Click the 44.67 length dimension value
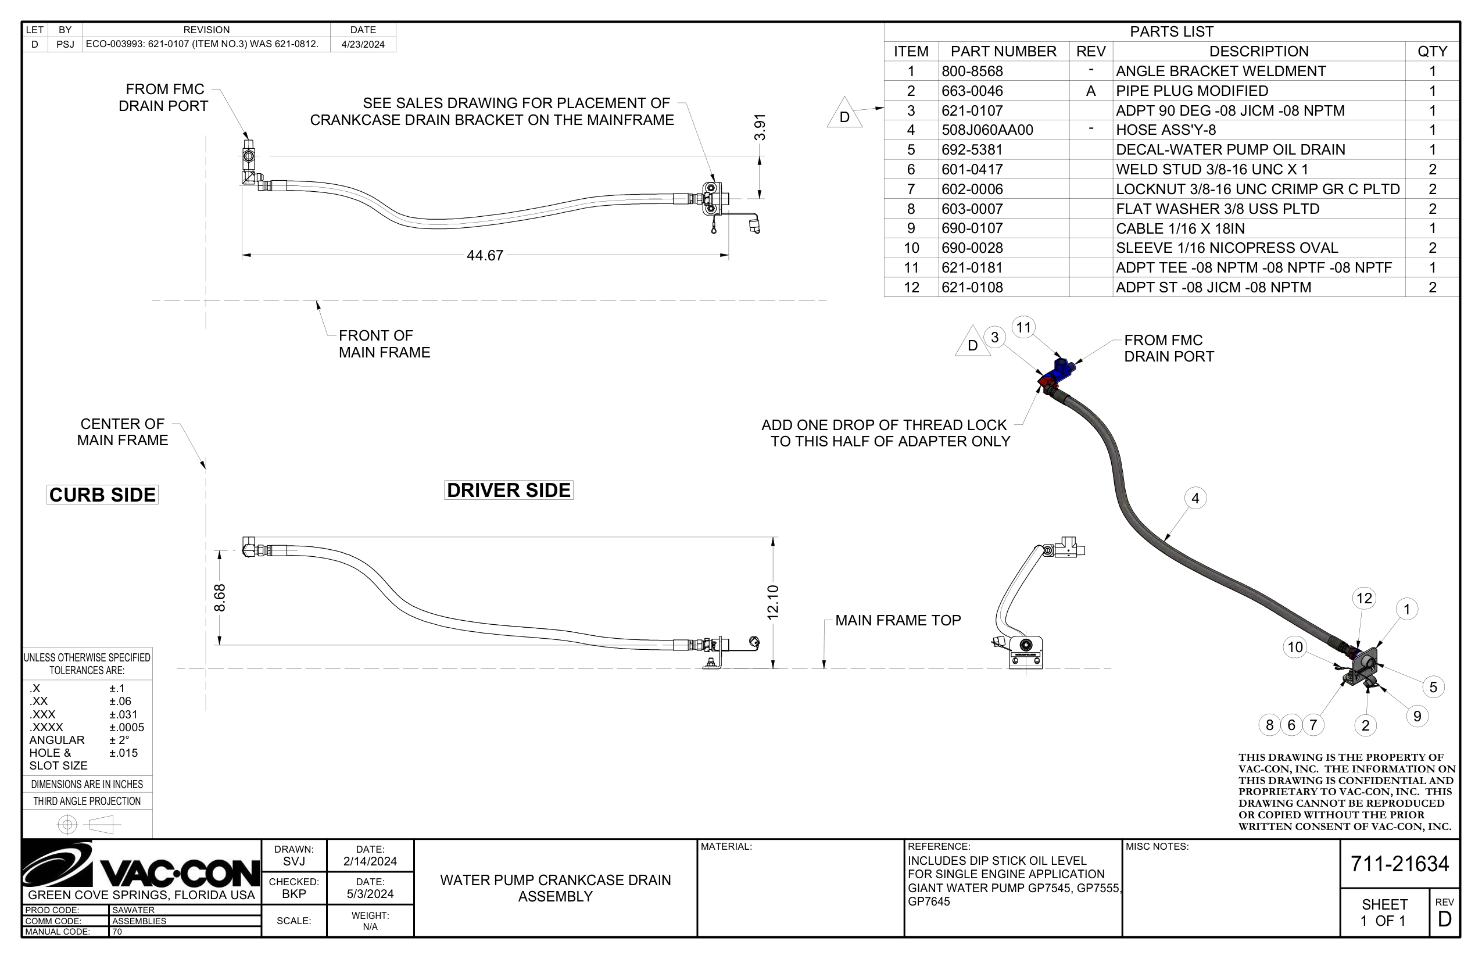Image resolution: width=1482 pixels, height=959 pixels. pyautogui.click(x=485, y=255)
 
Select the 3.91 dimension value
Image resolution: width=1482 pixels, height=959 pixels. pyautogui.click(x=760, y=127)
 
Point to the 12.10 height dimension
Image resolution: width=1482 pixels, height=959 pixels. pyautogui.click(x=773, y=602)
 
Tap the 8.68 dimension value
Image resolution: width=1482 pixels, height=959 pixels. pyautogui.click(x=220, y=598)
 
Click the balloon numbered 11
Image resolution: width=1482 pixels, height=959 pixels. pyautogui.click(x=1023, y=328)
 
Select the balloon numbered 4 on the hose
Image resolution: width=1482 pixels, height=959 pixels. pyautogui.click(x=1195, y=498)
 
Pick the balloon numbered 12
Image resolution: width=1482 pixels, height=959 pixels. pyautogui.click(x=1365, y=599)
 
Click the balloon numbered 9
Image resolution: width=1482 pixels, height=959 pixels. pyautogui.click(x=1417, y=716)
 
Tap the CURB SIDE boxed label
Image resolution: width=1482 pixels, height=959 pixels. pyautogui.click(x=103, y=495)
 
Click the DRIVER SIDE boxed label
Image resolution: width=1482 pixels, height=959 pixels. pyautogui.click(x=509, y=490)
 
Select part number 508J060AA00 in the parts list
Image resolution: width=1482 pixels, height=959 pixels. pyautogui.click(x=987, y=130)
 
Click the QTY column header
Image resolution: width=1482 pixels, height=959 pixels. pyautogui.click(x=1432, y=51)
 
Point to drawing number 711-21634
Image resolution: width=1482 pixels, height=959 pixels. pyautogui.click(x=1400, y=864)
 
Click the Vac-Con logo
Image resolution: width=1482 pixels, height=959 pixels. pyautogui.click(x=141, y=864)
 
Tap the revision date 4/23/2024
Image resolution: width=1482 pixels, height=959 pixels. pyautogui.click(x=363, y=44)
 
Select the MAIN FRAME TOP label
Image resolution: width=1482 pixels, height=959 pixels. pyautogui.click(x=898, y=620)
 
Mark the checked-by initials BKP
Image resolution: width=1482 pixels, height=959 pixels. pyautogui.click(x=294, y=894)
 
